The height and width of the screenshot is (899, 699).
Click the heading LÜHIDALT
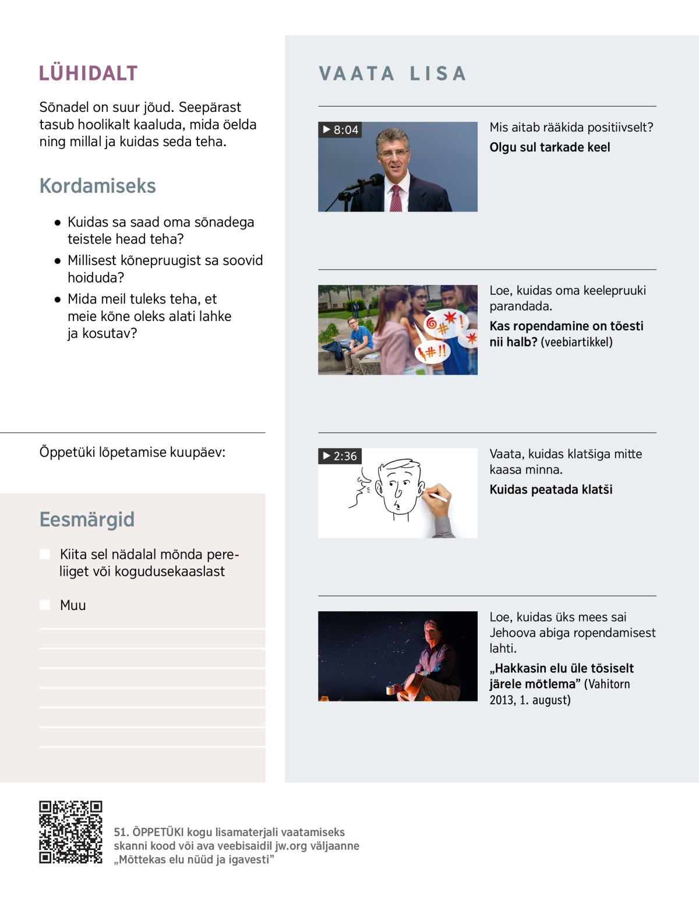pos(88,73)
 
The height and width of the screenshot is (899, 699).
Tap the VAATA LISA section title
pos(393,73)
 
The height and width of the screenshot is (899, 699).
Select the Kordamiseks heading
pos(97,186)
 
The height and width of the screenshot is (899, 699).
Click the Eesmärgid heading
pos(87,519)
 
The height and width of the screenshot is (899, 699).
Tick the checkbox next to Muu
pos(45,605)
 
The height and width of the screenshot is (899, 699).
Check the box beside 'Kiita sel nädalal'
pos(45,554)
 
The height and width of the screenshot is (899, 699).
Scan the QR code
pos(70,832)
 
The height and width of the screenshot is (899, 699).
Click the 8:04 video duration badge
pos(340,130)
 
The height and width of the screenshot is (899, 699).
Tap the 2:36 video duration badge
pos(340,456)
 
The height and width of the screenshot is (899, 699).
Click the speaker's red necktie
pos(396,199)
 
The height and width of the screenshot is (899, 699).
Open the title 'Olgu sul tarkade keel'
pos(549,147)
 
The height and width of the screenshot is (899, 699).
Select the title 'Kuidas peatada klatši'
pos(550,489)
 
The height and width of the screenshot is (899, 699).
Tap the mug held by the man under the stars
pos(391,690)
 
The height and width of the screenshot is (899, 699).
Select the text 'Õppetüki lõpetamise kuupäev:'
pos(132,452)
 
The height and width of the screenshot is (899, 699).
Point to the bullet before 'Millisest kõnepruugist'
pos(57,261)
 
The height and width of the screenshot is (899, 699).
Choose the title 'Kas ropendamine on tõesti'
pos(566,326)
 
